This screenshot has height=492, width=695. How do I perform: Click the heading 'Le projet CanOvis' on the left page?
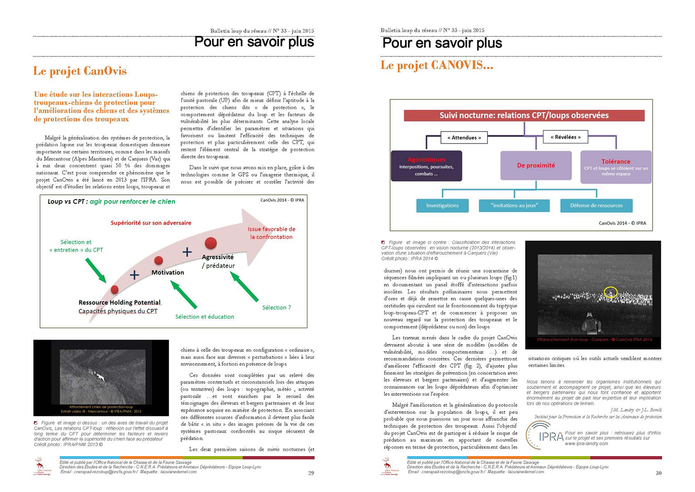click(80, 71)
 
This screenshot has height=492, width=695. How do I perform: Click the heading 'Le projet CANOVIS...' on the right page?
click(437, 65)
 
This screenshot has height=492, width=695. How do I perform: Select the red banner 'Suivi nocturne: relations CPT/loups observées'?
click(524, 115)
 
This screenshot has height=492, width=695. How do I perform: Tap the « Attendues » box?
click(464, 137)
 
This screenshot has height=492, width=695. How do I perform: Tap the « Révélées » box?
click(565, 137)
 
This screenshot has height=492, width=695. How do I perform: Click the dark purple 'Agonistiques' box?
click(426, 166)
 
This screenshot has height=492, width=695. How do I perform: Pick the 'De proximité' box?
click(536, 165)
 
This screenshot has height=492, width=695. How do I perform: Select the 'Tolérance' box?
click(616, 166)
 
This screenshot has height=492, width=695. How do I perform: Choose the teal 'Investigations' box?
click(442, 206)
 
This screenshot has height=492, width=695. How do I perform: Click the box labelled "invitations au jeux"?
click(514, 206)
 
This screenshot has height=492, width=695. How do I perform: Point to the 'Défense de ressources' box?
click(596, 206)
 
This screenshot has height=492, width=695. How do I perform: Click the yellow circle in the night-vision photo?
click(610, 292)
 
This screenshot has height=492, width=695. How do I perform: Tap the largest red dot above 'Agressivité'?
click(211, 243)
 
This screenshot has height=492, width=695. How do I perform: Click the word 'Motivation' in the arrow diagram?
click(168, 272)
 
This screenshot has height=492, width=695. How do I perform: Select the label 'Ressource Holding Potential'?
click(120, 302)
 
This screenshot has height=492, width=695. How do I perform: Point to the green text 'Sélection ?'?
click(277, 307)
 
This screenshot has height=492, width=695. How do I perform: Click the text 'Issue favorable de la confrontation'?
click(271, 233)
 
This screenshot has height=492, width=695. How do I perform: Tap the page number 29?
click(311, 473)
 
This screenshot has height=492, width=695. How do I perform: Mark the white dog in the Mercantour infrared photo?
click(99, 375)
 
